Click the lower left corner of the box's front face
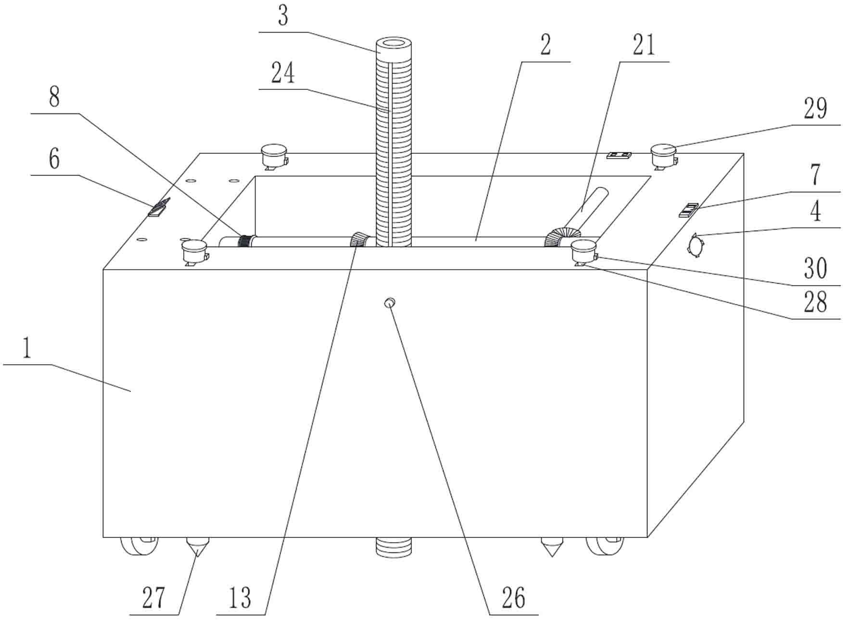tap(103, 537)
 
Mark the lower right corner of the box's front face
tap(647, 537)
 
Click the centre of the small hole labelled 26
tap(390, 303)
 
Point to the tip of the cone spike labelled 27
tap(197, 557)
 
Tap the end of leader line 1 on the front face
tap(131, 391)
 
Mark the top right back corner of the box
tap(744, 153)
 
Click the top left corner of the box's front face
tap(103, 270)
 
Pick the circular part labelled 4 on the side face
tap(695, 245)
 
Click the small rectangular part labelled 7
tap(688, 210)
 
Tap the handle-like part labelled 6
tap(159, 208)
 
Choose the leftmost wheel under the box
tap(139, 546)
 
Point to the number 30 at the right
tap(816, 268)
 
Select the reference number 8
tap(54, 98)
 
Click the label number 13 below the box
tap(240, 598)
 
